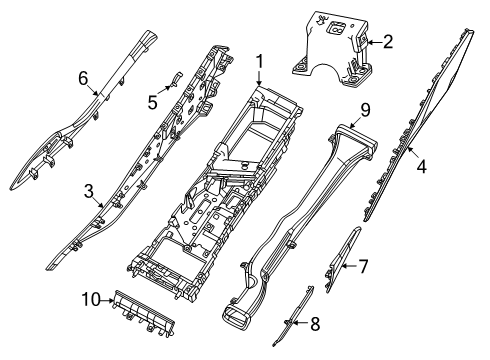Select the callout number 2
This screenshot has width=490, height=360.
tap(387, 43)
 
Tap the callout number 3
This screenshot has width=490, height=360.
tap(88, 190)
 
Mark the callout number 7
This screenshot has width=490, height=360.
tap(363, 266)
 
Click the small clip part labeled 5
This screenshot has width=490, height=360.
tap(170, 80)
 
